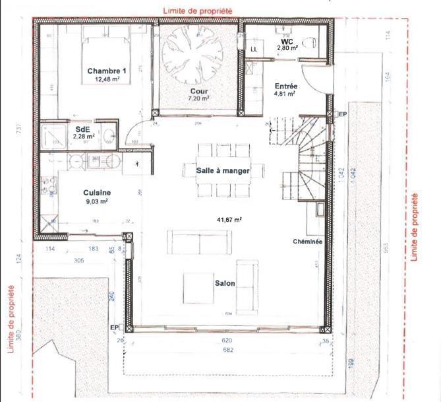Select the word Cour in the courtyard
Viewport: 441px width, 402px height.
(x=198, y=90)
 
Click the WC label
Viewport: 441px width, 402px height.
(x=287, y=41)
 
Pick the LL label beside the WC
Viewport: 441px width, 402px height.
(x=254, y=49)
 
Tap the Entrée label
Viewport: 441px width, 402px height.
(x=285, y=86)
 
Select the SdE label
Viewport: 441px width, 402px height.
(x=83, y=129)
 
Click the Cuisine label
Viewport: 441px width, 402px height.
(x=96, y=192)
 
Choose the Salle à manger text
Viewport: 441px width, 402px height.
(x=223, y=170)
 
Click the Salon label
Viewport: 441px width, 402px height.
(x=224, y=283)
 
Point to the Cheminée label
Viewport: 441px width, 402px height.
(x=307, y=242)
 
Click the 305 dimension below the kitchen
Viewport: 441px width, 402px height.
(x=78, y=260)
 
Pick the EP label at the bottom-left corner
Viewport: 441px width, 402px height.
(x=113, y=327)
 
